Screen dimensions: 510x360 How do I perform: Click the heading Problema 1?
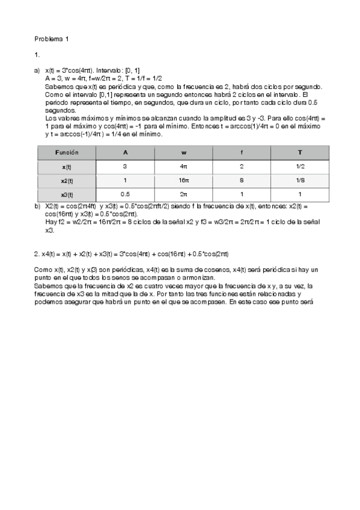click(x=52, y=39)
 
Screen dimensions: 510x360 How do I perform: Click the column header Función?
click(x=67, y=153)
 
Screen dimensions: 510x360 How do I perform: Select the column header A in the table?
click(x=125, y=153)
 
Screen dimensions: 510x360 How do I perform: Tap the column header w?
click(x=183, y=153)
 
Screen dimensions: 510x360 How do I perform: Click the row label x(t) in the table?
click(x=67, y=167)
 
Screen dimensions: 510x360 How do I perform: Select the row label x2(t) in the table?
click(x=67, y=180)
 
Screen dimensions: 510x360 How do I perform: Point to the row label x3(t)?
click(x=67, y=194)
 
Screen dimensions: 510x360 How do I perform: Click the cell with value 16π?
click(x=183, y=180)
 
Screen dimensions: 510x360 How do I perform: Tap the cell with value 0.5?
click(x=125, y=194)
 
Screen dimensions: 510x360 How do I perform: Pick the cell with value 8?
click(x=242, y=180)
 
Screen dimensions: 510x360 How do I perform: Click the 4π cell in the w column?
click(x=183, y=167)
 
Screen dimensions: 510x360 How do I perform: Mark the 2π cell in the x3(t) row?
click(x=183, y=194)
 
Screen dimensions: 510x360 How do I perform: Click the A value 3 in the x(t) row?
click(x=125, y=167)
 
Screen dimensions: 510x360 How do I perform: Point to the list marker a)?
click(x=37, y=70)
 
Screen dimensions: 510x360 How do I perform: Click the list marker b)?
click(x=37, y=206)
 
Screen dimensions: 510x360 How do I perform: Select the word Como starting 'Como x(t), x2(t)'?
click(x=43, y=269)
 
